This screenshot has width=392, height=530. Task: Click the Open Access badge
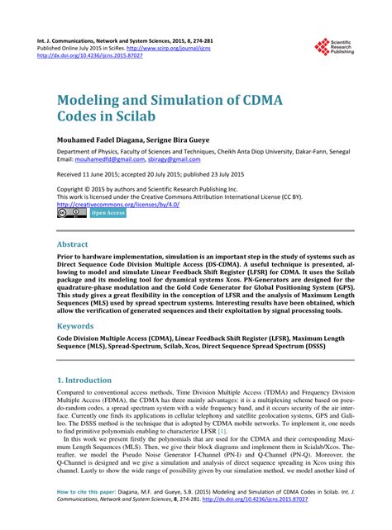[x=108, y=213]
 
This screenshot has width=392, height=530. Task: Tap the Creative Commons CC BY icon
[x=71, y=213]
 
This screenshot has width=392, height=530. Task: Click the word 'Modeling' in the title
[x=94, y=99]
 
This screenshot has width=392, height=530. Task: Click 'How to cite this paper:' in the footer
[x=86, y=514]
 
